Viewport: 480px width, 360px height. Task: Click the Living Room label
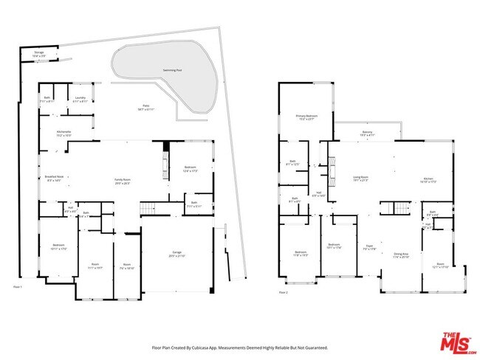click(360, 178)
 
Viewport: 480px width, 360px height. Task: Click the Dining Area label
click(401, 255)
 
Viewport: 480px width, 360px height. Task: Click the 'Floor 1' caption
click(18, 286)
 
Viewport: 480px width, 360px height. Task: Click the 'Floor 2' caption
click(284, 293)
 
